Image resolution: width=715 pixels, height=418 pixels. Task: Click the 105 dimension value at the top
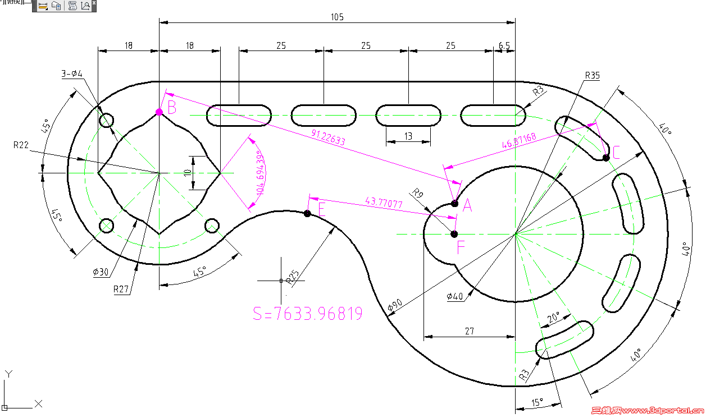click(x=336, y=17)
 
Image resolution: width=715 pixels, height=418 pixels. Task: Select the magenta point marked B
click(x=160, y=112)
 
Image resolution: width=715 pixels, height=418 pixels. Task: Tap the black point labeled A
click(x=455, y=203)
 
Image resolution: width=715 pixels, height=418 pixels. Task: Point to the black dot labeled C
click(x=606, y=158)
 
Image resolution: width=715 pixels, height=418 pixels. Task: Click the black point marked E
click(x=307, y=213)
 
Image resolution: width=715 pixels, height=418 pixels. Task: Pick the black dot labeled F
click(x=454, y=234)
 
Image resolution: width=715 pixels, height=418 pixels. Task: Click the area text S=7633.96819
click(x=308, y=313)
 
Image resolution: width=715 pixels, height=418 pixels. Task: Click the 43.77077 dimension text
click(x=384, y=202)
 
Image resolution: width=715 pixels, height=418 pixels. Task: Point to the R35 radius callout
click(x=593, y=75)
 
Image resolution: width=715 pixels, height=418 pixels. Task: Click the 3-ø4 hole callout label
click(x=72, y=74)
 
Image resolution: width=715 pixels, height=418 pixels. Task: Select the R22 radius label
click(x=21, y=145)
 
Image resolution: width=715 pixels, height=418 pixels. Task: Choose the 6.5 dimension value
click(x=504, y=45)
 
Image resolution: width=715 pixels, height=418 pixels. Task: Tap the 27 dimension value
click(x=470, y=331)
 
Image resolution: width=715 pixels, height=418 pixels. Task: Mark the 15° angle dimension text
click(x=538, y=402)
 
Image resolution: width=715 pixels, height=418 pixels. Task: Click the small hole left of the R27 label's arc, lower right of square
click(x=212, y=226)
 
